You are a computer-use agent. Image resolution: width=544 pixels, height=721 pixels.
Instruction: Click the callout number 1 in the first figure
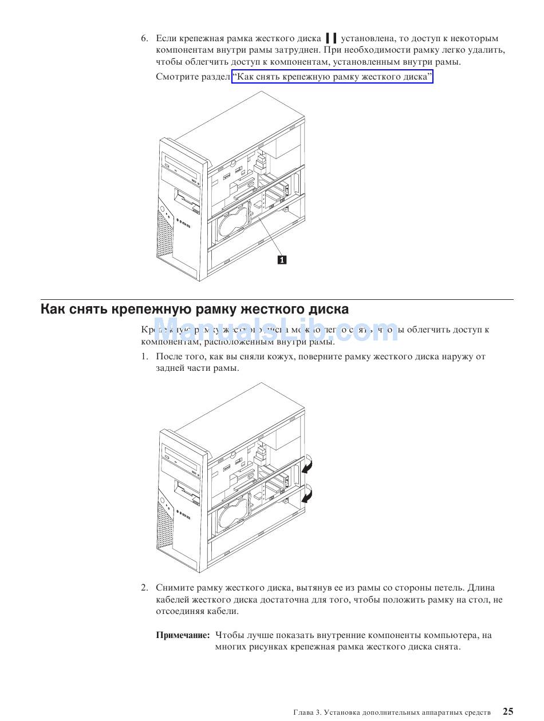(x=282, y=260)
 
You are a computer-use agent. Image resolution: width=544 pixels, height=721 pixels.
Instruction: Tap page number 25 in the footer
(x=508, y=711)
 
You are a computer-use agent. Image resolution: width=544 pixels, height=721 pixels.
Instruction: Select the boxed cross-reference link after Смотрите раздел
(x=332, y=77)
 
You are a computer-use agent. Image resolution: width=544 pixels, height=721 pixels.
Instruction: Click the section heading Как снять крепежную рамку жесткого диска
(x=194, y=310)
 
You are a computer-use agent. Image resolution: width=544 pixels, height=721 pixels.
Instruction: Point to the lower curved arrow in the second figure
(x=307, y=493)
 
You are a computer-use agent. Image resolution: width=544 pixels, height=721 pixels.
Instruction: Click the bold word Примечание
(x=183, y=635)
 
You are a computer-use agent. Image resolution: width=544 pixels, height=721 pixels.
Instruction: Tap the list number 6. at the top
(x=145, y=38)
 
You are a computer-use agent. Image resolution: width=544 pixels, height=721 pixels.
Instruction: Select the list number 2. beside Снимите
(x=145, y=588)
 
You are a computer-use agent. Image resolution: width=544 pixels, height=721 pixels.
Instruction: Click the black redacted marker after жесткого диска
(x=330, y=38)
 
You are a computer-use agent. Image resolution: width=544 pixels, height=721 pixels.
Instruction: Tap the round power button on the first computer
(x=163, y=209)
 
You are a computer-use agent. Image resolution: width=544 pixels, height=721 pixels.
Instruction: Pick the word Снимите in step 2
(x=175, y=588)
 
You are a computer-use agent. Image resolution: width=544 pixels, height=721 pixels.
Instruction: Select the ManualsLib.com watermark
(x=275, y=331)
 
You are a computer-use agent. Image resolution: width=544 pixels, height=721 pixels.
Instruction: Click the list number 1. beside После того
(x=145, y=356)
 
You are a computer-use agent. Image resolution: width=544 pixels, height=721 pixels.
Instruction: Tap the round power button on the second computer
(x=163, y=501)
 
